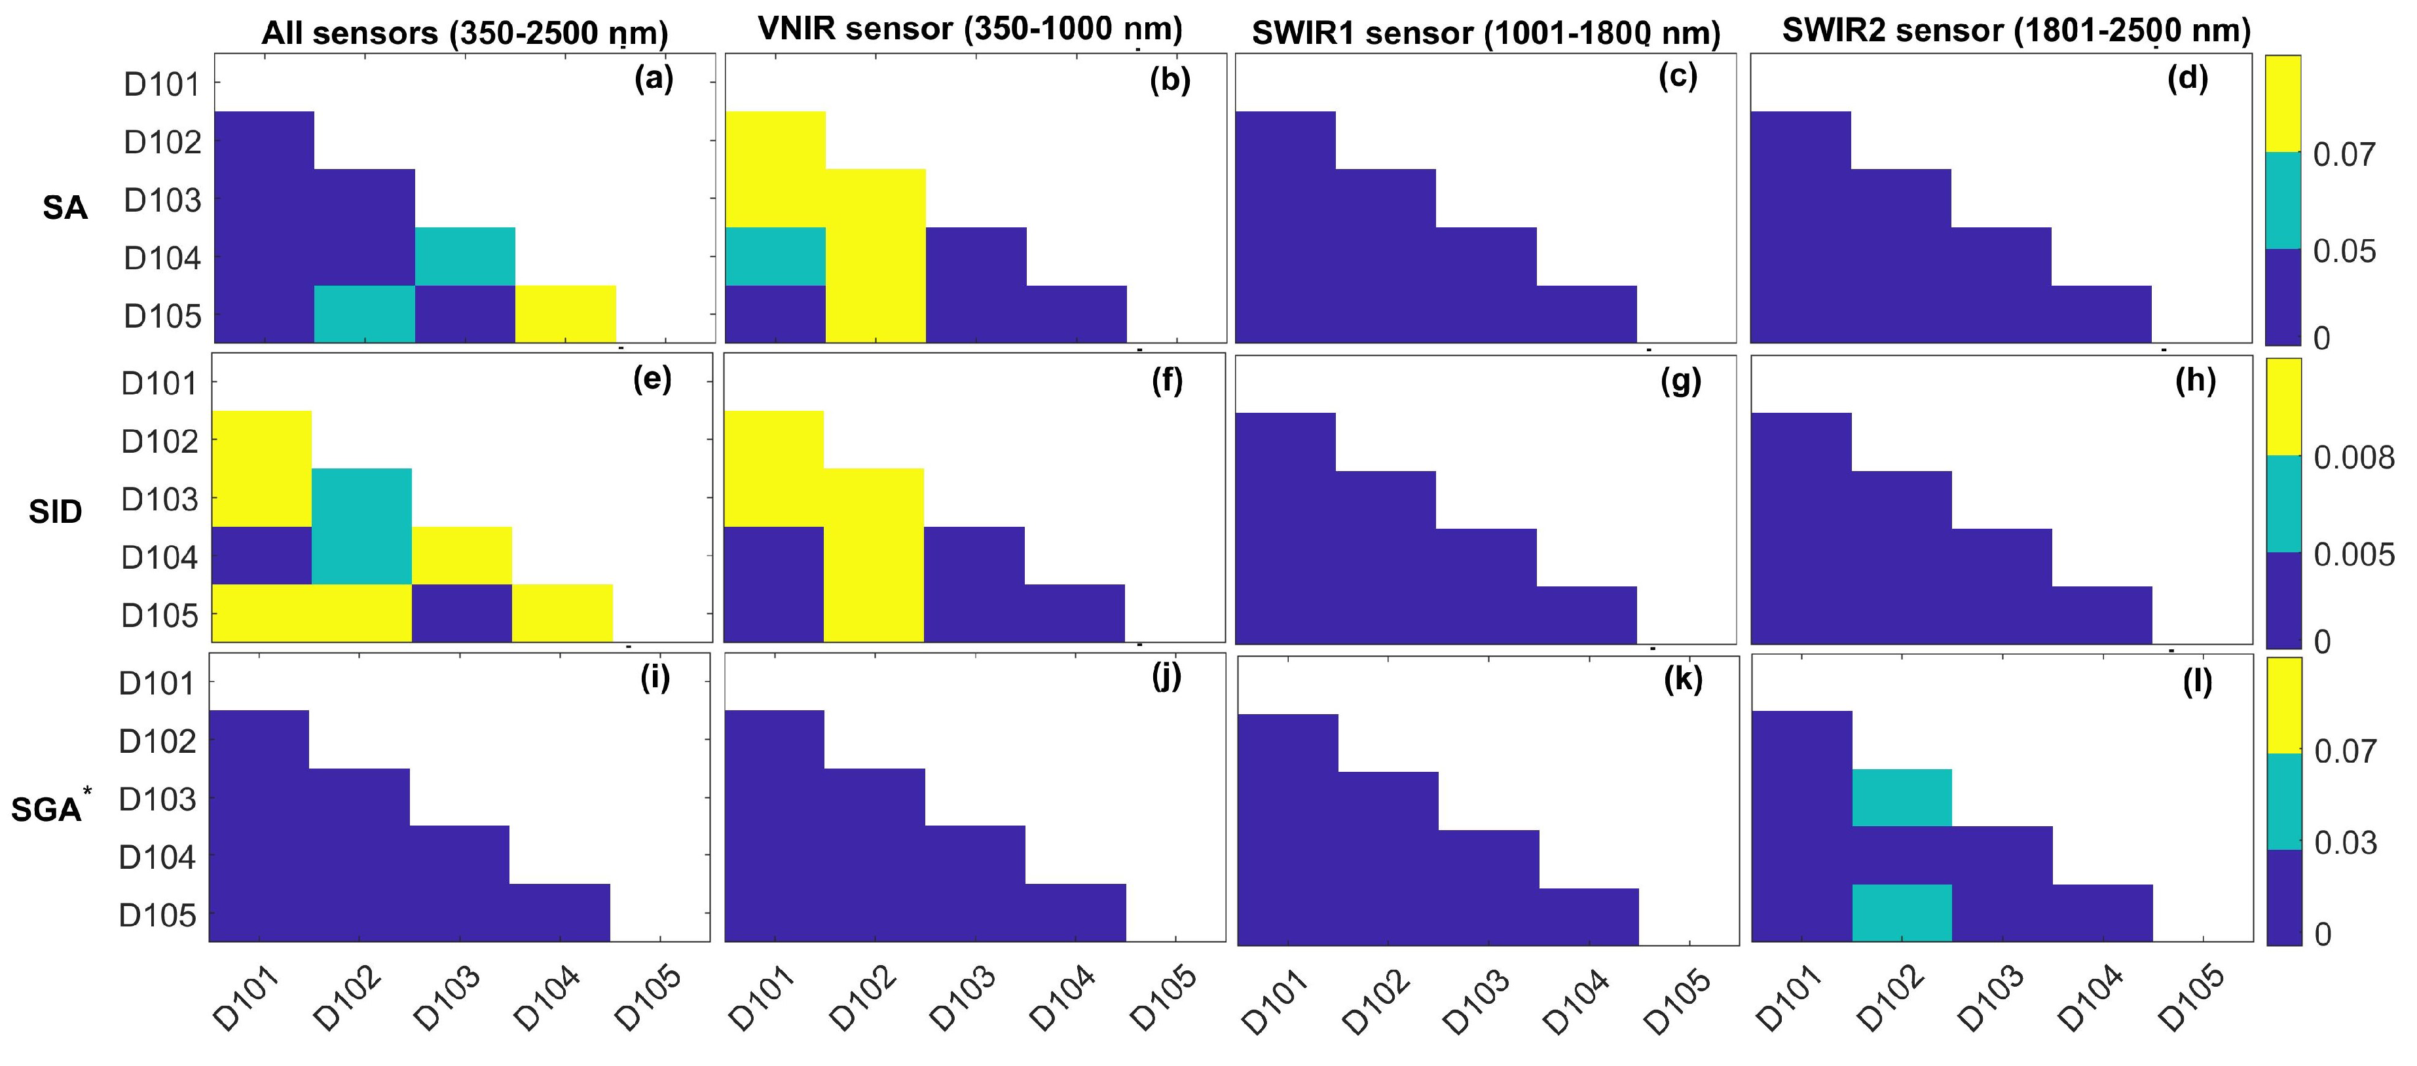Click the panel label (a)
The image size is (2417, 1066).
coord(654,79)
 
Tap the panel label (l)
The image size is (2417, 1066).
coord(2196,682)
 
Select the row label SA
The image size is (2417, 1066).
coord(65,208)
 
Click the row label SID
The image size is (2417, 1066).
coord(56,512)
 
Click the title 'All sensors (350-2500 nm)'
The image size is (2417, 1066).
coord(464,34)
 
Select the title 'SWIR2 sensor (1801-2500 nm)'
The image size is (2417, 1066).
coord(2016,31)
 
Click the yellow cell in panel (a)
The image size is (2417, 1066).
coord(565,313)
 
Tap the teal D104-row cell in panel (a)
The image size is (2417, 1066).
coord(464,256)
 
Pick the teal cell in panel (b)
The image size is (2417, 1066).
coord(775,256)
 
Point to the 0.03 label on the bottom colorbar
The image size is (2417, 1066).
coord(2346,843)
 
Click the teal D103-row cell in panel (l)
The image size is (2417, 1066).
coord(1902,797)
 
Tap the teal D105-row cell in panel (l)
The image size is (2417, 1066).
coord(1902,912)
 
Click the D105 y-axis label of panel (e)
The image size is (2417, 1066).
coord(160,617)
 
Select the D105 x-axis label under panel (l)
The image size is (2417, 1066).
coord(2192,1000)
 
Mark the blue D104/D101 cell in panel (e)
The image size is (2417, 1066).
coord(262,556)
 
